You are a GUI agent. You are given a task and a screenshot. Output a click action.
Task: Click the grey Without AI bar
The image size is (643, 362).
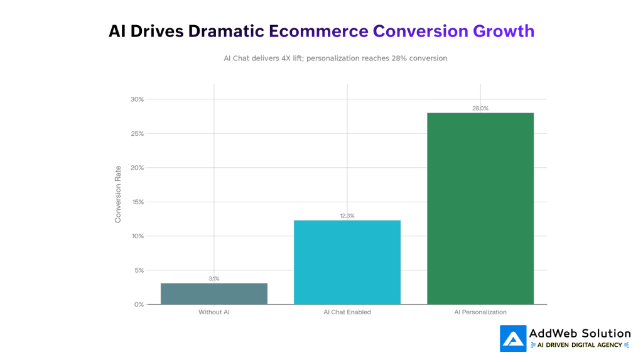click(213, 293)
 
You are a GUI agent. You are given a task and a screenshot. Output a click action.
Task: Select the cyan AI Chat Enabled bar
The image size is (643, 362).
click(347, 262)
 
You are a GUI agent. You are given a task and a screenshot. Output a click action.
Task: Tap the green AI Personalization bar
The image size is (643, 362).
click(480, 209)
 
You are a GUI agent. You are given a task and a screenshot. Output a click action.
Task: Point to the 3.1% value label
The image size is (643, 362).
click(213, 278)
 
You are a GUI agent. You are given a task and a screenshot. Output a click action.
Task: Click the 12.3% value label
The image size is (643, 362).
click(347, 216)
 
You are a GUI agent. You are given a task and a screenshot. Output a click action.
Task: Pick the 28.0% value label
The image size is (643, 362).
click(480, 108)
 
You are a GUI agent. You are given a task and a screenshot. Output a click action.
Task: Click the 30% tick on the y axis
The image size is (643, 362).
click(137, 99)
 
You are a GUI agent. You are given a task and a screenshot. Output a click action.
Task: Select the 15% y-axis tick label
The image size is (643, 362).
click(137, 202)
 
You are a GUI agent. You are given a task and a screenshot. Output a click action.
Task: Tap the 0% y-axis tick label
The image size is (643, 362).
click(139, 304)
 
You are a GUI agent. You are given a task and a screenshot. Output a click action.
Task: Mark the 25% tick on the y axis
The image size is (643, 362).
click(137, 133)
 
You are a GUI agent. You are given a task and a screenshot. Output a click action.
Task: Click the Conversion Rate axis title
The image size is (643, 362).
click(118, 194)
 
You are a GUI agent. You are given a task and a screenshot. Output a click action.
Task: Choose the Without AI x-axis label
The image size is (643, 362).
click(213, 312)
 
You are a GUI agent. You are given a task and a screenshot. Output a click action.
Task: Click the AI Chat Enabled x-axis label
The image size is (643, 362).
click(347, 312)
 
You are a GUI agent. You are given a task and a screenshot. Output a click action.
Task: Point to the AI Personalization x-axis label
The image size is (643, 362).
click(480, 312)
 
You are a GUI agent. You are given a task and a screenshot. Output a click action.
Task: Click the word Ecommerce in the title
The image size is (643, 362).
click(318, 31)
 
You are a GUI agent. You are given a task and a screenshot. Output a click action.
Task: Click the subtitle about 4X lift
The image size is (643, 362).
click(335, 58)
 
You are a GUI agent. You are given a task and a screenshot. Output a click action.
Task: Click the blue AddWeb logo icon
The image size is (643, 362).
click(513, 338)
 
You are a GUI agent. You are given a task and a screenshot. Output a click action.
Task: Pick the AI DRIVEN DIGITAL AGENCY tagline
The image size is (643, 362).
click(580, 345)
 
